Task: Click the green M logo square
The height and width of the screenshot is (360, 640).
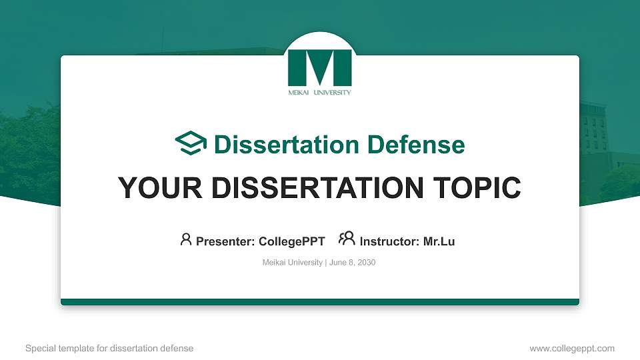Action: [319, 67]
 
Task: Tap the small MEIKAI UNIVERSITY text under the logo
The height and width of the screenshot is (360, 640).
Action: [319, 93]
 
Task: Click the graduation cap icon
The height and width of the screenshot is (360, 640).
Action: [191, 144]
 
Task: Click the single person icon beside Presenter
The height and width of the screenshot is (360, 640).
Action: [186, 239]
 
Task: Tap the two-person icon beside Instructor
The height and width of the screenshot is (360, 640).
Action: [347, 239]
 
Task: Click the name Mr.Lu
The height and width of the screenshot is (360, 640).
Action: [439, 241]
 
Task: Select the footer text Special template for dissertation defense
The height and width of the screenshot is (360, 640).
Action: [109, 348]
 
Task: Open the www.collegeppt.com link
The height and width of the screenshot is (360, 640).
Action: [572, 348]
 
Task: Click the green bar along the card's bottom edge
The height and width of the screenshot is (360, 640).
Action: [320, 302]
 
